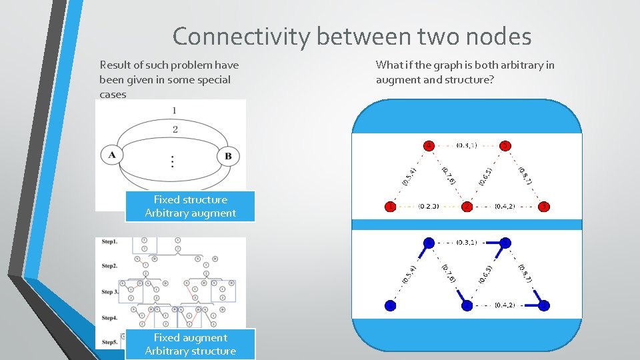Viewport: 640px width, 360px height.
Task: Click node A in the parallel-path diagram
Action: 112,155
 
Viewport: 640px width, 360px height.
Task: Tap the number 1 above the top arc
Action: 174,110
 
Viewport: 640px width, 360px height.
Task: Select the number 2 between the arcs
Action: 175,129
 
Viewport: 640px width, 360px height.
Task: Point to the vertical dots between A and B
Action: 173,161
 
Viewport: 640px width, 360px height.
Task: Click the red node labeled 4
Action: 429,145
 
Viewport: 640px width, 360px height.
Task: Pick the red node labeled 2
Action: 467,207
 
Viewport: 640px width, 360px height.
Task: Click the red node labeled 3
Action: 543,207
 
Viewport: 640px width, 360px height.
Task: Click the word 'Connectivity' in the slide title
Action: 241,36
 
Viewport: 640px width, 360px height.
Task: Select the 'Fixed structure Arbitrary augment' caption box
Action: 190,206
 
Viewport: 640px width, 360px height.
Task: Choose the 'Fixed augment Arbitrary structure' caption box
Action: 190,344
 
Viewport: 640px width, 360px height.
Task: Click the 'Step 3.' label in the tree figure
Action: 111,291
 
